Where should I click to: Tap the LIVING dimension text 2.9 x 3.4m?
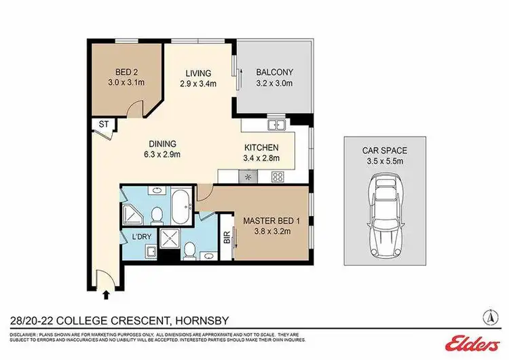198,84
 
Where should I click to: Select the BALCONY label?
274,73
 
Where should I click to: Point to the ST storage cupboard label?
104,124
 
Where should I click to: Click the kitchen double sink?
276,124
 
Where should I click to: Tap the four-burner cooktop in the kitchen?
277,177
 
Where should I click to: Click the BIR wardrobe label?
226,240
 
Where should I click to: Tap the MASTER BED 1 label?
267,219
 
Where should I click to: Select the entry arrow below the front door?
105,295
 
